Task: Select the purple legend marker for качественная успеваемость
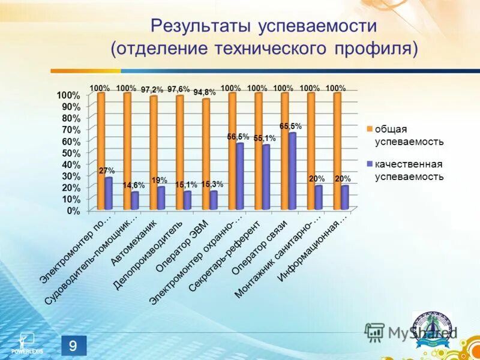(x=370, y=164)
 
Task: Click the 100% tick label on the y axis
(x=68, y=95)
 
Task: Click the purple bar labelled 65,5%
(x=292, y=171)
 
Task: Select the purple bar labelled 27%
(x=109, y=193)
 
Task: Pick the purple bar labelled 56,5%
(x=239, y=176)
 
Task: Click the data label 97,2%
(x=152, y=89)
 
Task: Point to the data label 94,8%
(x=205, y=92)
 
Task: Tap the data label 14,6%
(x=134, y=185)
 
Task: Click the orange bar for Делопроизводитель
(x=179, y=152)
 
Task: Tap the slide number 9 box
(x=73, y=346)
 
